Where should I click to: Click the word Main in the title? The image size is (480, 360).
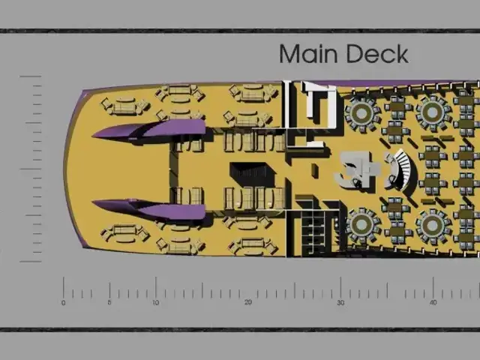(308, 53)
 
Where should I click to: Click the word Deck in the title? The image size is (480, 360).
(377, 53)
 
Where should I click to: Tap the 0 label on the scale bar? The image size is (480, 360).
(63, 303)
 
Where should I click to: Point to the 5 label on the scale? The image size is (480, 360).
(109, 303)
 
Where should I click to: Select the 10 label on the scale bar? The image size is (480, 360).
(155, 303)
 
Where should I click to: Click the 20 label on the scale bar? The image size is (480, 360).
(248, 303)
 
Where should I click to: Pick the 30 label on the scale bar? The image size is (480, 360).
(340, 303)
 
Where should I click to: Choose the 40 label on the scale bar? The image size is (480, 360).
(433, 303)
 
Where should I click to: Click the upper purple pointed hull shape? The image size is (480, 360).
(149, 130)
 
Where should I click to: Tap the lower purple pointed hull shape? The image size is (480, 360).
(149, 208)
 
